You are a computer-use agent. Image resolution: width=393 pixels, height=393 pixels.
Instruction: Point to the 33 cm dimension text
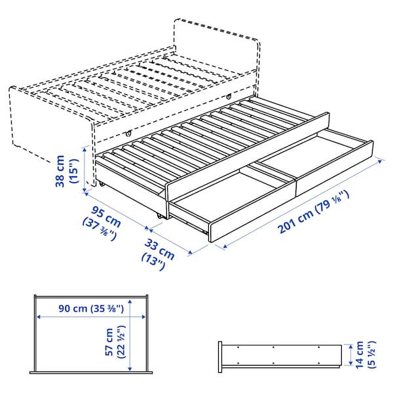(160, 248)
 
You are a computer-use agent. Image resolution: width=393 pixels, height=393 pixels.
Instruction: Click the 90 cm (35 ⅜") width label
(90, 308)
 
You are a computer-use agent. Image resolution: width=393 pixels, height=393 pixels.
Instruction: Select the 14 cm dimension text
(358, 354)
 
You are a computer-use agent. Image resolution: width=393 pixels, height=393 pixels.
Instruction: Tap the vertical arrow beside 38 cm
(84, 170)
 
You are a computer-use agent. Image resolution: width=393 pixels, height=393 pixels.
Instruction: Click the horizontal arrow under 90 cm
(90, 317)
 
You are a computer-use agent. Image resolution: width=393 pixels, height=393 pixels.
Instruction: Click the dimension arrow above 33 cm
(170, 240)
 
